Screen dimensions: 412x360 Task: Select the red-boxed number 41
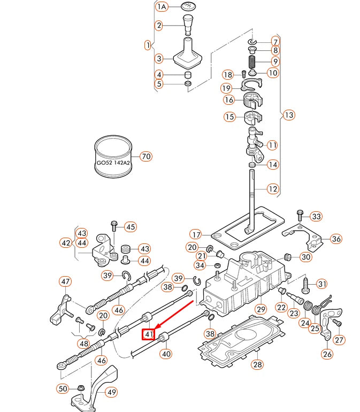click(x=148, y=335)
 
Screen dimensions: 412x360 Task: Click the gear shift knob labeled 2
click(x=188, y=24)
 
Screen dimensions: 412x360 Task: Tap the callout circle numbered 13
click(x=289, y=115)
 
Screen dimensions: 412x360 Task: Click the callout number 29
click(x=261, y=309)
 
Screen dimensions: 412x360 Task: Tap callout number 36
click(x=336, y=239)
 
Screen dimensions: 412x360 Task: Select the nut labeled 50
click(x=79, y=387)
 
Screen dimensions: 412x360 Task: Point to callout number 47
click(x=65, y=281)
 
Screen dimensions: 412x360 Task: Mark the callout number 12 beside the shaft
click(x=273, y=188)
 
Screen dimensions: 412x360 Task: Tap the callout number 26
click(x=327, y=354)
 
